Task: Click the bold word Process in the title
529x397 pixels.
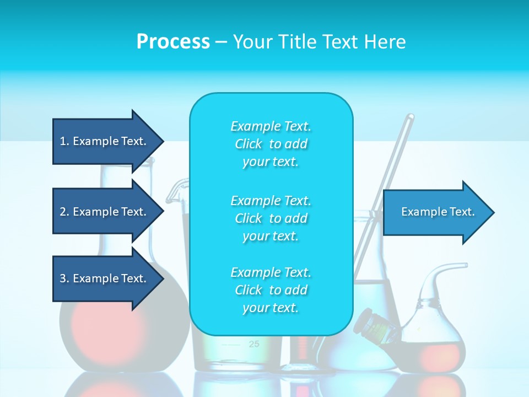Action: (173, 41)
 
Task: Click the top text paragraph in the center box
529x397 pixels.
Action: (271, 144)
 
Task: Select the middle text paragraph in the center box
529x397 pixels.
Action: (271, 218)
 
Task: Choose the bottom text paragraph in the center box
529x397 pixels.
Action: (271, 290)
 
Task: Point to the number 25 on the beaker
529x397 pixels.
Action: (253, 344)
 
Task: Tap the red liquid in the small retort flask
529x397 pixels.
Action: (435, 353)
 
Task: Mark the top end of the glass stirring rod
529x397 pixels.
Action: (410, 117)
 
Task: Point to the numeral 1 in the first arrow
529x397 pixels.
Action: (63, 141)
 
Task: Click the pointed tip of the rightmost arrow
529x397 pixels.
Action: (493, 212)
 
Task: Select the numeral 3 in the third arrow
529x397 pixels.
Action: (63, 278)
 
